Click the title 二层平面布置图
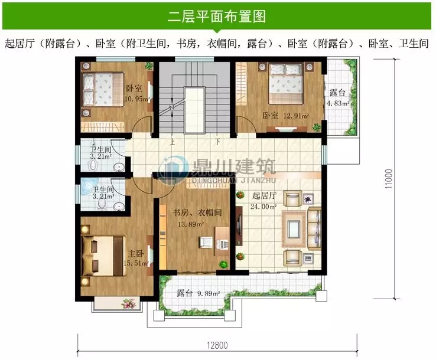click(x=218, y=16)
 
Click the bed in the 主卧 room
click(x=105, y=256)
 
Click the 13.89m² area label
click(x=192, y=224)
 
